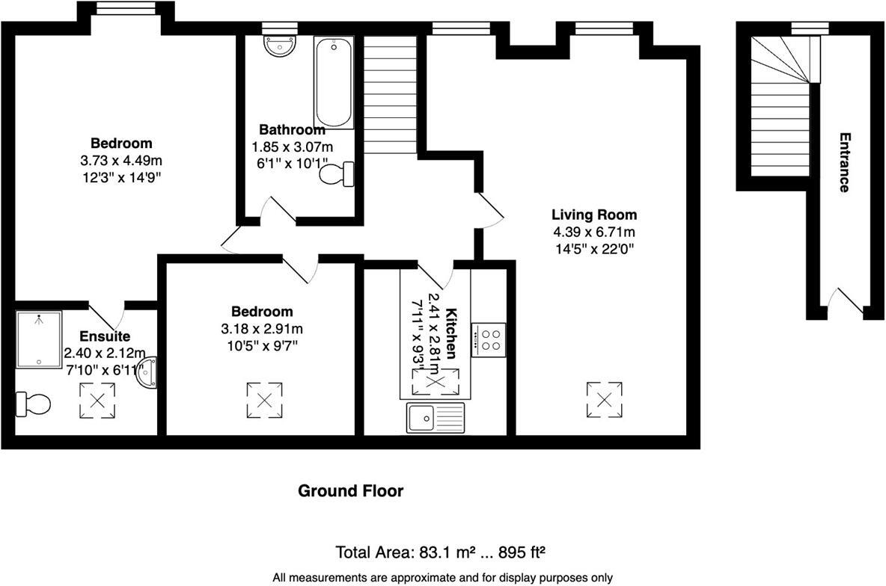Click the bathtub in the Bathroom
(334, 82)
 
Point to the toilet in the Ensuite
(33, 404)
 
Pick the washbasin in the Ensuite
(147, 372)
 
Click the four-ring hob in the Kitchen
(488, 340)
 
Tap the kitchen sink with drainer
(436, 417)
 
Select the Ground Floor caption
(350, 491)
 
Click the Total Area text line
(440, 553)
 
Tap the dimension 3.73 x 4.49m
(121, 161)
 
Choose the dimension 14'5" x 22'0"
(594, 250)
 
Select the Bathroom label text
(292, 130)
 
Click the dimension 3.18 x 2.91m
(262, 329)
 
